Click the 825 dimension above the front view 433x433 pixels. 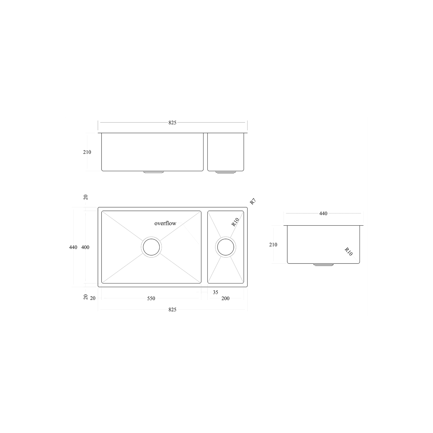tap(172, 123)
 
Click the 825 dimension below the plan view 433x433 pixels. tap(172, 310)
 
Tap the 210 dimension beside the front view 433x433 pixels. tap(87, 152)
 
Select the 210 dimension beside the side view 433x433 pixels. tap(273, 245)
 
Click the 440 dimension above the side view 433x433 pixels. tap(323, 213)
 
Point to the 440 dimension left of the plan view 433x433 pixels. tap(73, 247)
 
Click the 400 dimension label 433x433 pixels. tap(85, 247)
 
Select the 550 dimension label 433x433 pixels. tap(151, 298)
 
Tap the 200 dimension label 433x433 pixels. tap(226, 298)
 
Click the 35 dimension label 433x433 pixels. tap(215, 292)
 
